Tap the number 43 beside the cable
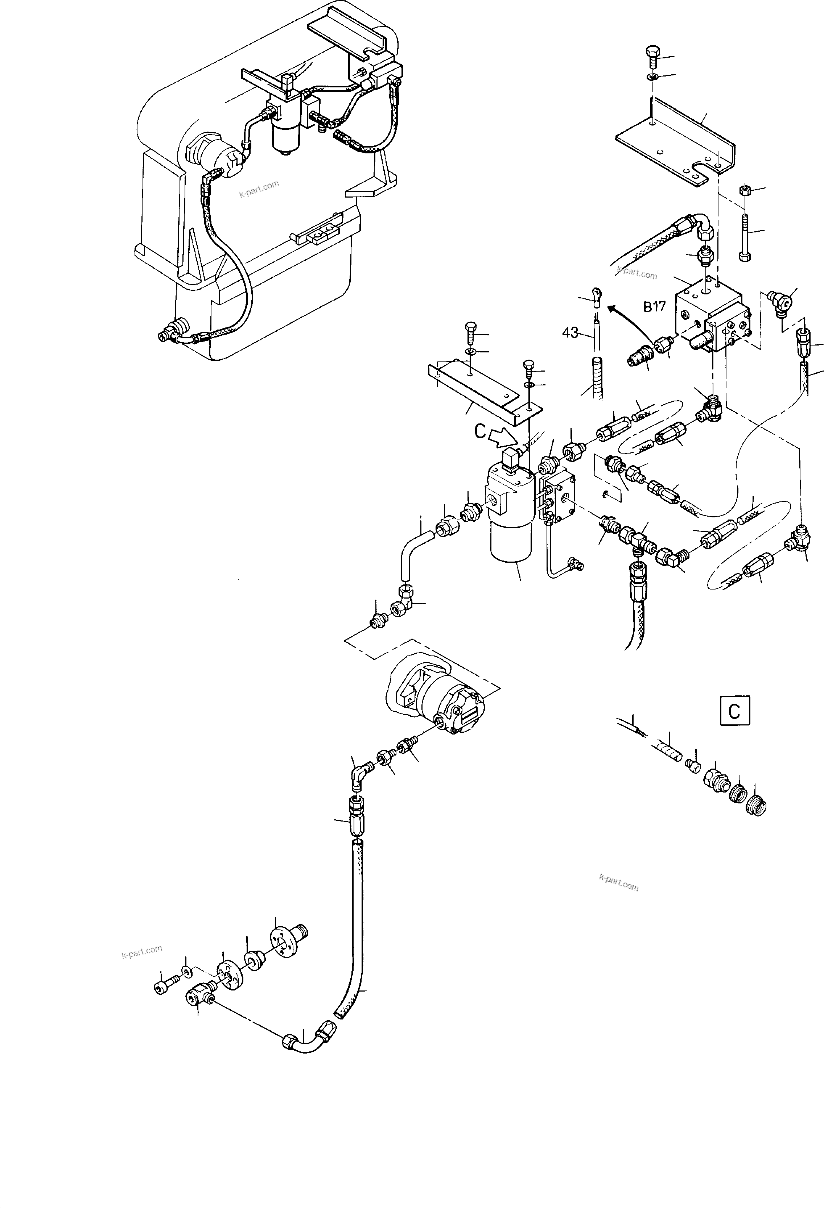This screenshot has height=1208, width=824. (x=570, y=332)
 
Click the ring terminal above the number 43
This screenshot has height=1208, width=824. (x=596, y=297)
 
